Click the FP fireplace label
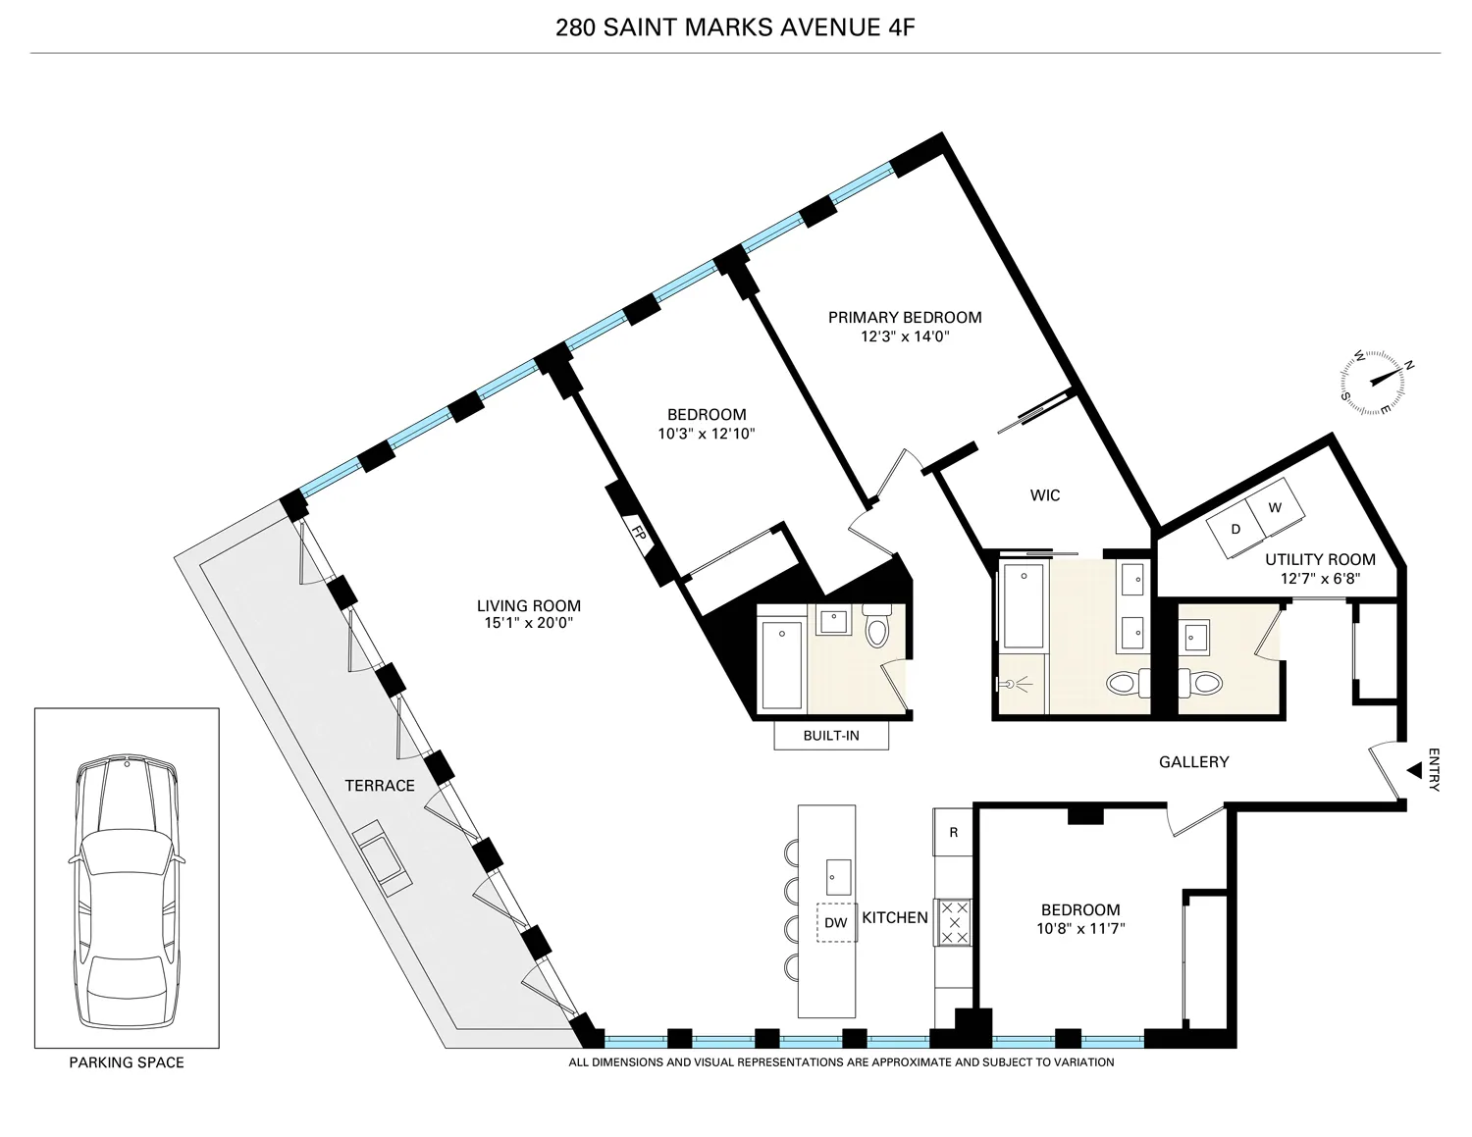click(637, 535)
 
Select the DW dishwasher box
click(835, 922)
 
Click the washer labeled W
click(1275, 508)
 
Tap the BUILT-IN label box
click(830, 736)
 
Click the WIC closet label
click(1045, 495)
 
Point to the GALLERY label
click(1193, 761)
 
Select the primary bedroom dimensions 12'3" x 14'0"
click(904, 336)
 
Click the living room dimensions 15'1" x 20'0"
click(529, 623)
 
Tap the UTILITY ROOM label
click(1319, 559)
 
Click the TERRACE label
click(380, 786)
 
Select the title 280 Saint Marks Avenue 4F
click(735, 26)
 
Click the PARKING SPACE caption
click(127, 1062)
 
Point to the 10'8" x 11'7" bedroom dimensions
click(1079, 927)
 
